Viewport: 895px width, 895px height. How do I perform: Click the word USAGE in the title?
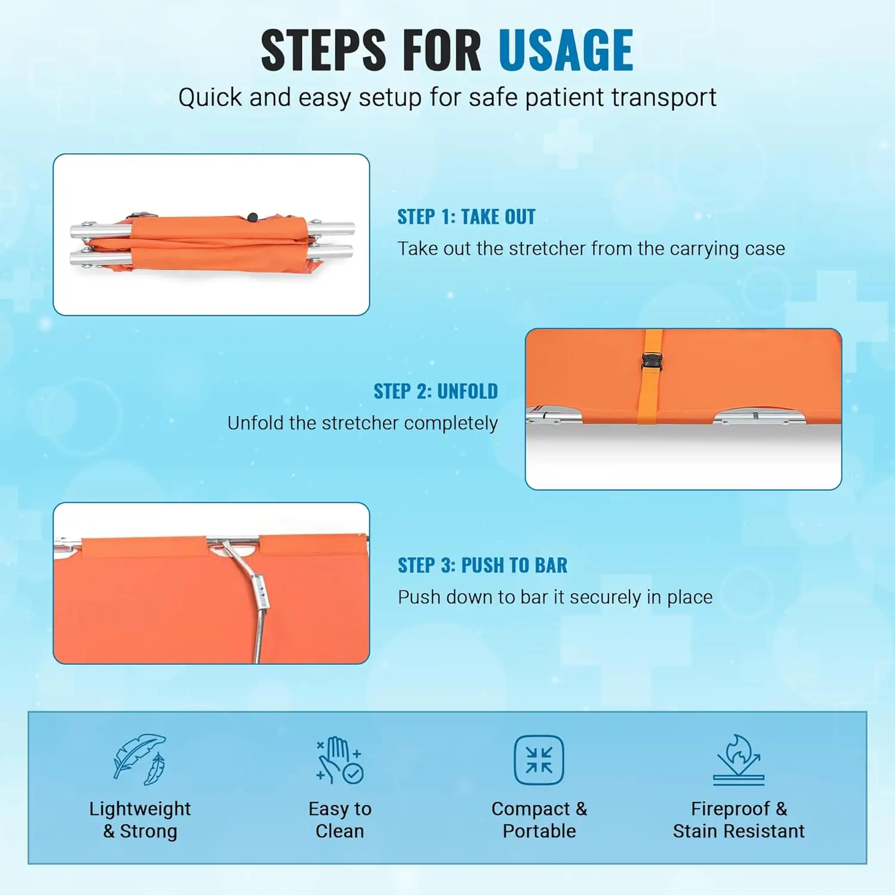click(x=566, y=50)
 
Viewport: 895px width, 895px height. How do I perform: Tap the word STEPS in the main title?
click(x=324, y=50)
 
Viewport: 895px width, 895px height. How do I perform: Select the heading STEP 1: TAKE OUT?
click(x=467, y=217)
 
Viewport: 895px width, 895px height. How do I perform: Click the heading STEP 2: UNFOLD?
click(x=436, y=391)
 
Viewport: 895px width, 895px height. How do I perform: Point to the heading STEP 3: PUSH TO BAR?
click(x=483, y=565)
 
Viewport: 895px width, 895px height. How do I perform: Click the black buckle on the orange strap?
click(x=651, y=362)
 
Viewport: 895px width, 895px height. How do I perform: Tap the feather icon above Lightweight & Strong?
click(x=140, y=759)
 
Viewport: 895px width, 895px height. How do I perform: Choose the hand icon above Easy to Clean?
click(x=340, y=760)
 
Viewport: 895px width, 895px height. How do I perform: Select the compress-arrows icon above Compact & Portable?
click(x=539, y=760)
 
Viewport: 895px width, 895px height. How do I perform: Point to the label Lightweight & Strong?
click(x=140, y=820)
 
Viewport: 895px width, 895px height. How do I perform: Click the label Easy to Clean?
click(x=340, y=820)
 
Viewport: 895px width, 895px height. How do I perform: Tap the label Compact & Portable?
click(x=539, y=820)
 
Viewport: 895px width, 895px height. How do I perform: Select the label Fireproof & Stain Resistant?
click(x=739, y=820)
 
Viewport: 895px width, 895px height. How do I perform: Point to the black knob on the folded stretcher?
click(x=252, y=217)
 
